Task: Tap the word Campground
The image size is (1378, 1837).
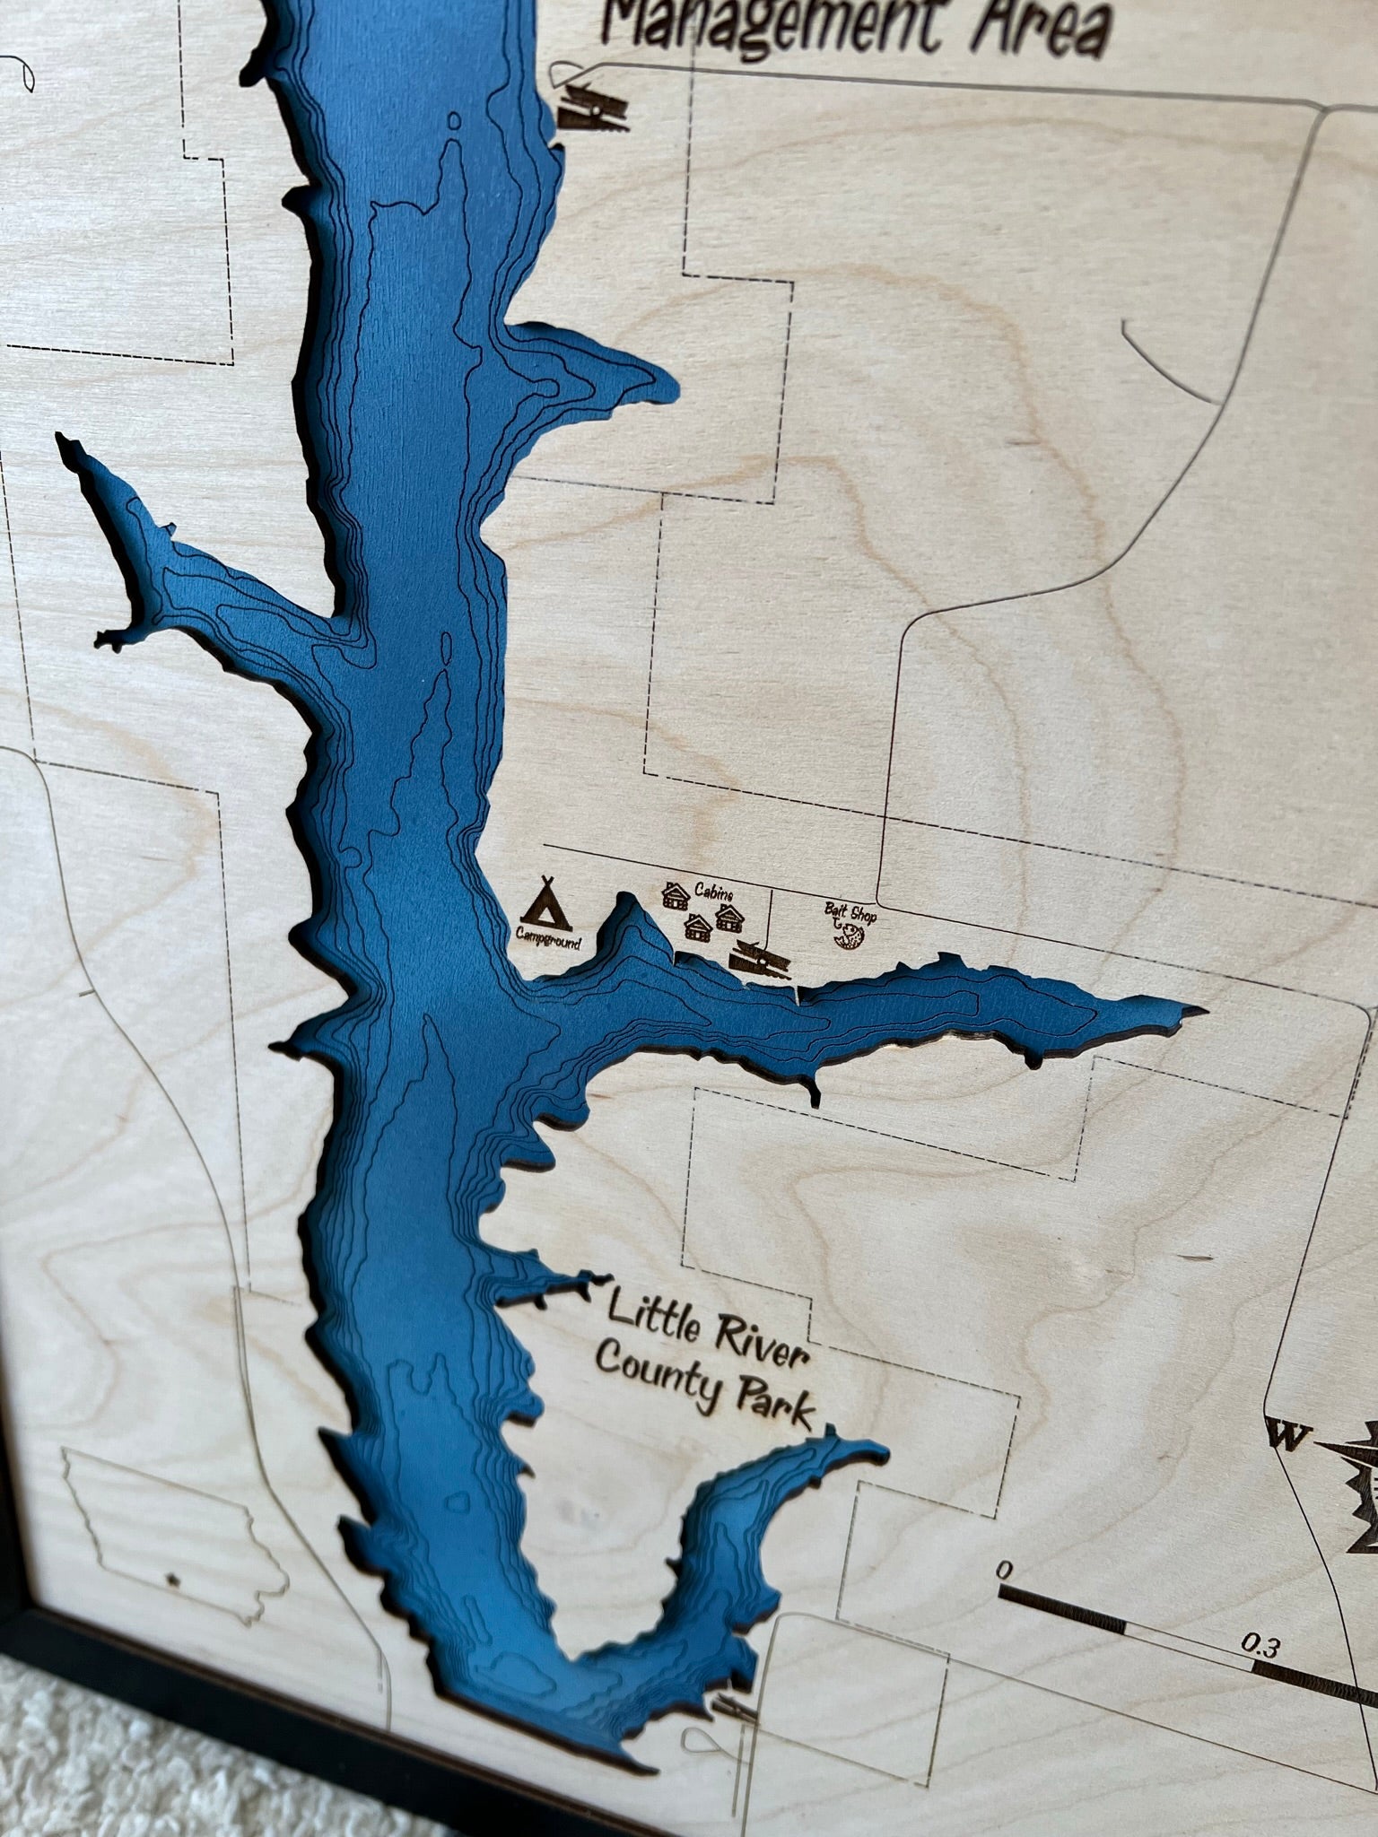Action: click(548, 942)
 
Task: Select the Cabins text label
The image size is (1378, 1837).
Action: click(714, 893)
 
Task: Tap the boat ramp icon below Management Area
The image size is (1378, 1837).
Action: click(592, 109)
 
